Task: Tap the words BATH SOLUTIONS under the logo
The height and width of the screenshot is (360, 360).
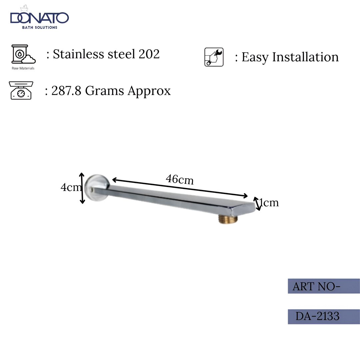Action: [40, 27]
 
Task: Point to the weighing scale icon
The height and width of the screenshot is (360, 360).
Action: [21, 90]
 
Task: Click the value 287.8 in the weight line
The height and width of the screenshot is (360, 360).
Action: [66, 91]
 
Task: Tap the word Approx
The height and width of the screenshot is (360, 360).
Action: [149, 91]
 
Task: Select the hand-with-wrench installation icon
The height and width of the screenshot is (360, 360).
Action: [214, 57]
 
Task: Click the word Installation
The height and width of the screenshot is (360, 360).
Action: [305, 57]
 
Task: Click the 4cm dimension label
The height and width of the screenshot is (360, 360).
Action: [71, 187]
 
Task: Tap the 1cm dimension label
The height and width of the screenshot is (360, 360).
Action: [269, 203]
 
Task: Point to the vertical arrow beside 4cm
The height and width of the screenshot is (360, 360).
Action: [82, 188]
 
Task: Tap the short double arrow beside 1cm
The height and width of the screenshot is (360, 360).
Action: [257, 204]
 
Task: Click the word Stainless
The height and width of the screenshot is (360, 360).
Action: [77, 54]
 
